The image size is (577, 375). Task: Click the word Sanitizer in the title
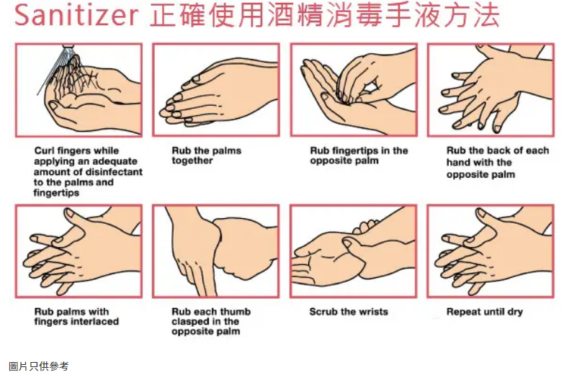click(76, 15)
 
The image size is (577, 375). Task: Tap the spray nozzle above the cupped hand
click(68, 46)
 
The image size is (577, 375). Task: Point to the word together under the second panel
click(192, 161)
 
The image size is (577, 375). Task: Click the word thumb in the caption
click(235, 312)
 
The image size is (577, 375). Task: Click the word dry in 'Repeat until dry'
click(515, 312)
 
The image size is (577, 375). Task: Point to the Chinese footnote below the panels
click(39, 366)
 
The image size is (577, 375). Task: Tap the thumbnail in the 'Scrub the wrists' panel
click(348, 243)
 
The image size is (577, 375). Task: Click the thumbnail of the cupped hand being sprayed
click(54, 106)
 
